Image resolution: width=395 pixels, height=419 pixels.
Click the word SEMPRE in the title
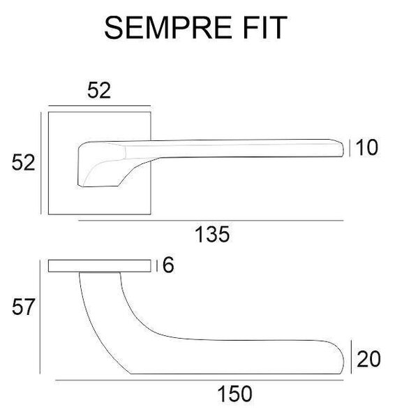168,27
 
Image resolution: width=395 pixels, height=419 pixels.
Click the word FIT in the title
265,27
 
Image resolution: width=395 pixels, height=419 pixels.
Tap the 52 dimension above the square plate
99,91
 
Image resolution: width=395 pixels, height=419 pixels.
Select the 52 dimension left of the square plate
24,163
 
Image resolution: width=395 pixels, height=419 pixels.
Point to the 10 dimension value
367,147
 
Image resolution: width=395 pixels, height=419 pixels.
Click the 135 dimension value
212,235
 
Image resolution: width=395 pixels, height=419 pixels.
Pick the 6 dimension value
168,265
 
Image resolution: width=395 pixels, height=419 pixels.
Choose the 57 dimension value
24,307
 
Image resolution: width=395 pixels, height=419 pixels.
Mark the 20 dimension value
368,359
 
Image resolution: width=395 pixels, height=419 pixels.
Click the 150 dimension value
235,394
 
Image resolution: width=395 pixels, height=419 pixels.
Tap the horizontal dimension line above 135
211,221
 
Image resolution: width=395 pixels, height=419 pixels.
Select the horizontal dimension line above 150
199,380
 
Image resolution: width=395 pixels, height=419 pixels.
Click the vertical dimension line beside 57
40,316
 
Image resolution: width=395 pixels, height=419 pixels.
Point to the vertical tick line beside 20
351,357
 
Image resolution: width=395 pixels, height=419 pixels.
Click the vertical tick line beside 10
350,148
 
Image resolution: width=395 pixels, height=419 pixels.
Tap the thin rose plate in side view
100,266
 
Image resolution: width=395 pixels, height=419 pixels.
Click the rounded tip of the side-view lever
343,361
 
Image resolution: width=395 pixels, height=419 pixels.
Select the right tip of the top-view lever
343,149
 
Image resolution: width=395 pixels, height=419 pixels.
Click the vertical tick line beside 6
157,265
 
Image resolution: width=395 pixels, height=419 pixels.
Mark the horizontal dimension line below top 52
99,106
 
